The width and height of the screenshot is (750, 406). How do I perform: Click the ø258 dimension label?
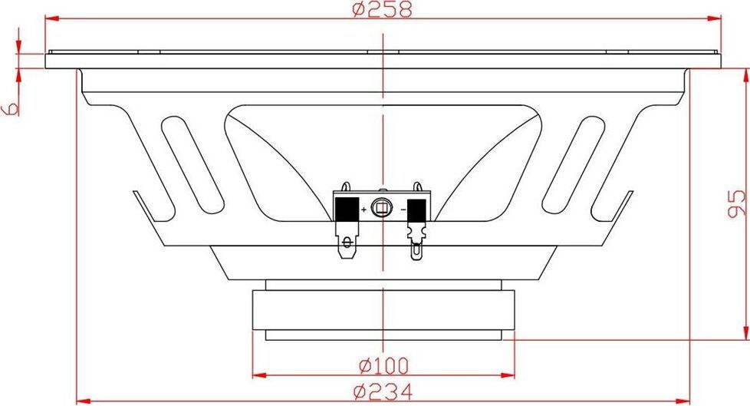[382, 9]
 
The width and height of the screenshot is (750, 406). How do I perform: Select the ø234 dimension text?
[383, 392]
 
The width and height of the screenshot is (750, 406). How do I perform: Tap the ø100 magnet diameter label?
[383, 366]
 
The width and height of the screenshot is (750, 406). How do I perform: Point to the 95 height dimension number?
[736, 203]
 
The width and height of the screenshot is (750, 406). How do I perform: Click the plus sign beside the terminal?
[363, 210]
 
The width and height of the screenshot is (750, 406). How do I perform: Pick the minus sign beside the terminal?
[403, 210]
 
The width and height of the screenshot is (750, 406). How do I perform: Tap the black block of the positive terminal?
[347, 210]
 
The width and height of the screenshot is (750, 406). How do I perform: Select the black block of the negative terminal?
[416, 210]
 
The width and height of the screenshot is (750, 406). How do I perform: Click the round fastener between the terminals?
[382, 208]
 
